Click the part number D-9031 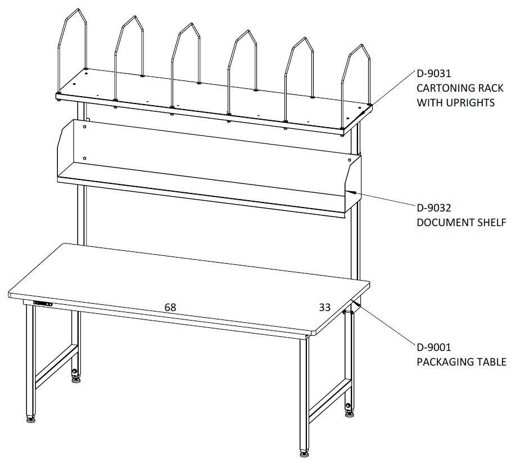(434, 73)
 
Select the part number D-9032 (434, 208)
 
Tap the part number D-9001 (434, 347)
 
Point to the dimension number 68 (170, 307)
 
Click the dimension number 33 (325, 307)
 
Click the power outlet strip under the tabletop (43, 303)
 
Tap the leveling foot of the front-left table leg (31, 420)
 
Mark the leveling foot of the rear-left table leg (76, 380)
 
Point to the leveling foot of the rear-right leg (349, 413)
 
